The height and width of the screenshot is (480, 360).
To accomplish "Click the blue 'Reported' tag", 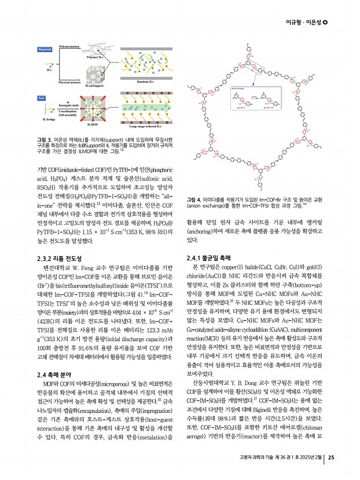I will [45, 50].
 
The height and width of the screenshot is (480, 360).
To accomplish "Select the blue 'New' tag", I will [41, 98].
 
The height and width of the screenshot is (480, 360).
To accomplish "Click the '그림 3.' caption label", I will [45, 139].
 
